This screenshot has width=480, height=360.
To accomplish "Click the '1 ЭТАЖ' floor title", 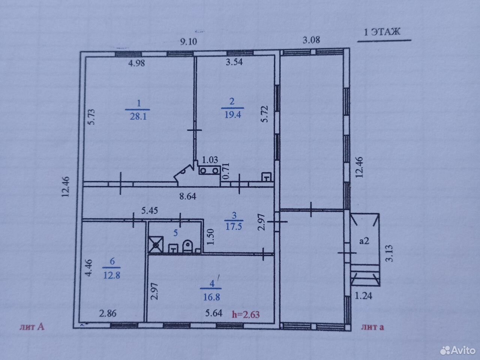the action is coord(382,32).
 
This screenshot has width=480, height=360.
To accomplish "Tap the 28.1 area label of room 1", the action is coord(138,116).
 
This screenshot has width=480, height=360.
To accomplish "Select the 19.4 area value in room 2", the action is coord(232,114).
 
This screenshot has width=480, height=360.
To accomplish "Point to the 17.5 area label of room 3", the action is coord(234,226).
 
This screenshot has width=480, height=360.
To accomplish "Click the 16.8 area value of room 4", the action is coord(211,297).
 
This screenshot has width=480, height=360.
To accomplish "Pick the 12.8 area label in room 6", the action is coord(112,275).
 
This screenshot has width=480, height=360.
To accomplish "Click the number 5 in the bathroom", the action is coord(175,233).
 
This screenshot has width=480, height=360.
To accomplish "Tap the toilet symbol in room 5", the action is coord(187,246).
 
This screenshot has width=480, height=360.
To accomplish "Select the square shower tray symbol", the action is coord(156,244).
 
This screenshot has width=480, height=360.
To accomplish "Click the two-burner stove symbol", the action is coord(209,170).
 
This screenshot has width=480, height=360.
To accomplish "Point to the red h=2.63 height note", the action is coord(246,315).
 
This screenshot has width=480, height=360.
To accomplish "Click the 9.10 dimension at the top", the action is coord(189,41).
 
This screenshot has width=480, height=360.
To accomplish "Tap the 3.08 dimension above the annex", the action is coord(311,40).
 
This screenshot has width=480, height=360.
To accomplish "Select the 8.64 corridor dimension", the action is coord(188,196).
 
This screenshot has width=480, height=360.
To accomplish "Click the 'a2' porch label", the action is coord(364,241).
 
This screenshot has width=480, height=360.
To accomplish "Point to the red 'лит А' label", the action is coord(32,327).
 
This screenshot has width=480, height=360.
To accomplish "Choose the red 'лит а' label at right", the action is coord(373,327).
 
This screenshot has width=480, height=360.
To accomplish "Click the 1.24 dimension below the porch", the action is coord(363,296).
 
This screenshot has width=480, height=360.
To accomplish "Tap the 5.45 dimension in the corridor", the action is coord(150,210).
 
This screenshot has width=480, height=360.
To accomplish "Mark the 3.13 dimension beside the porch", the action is coord(389,253).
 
